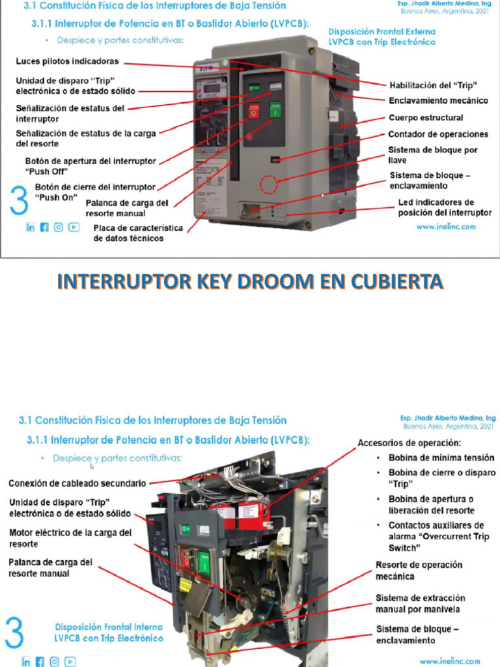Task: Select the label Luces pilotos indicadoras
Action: (x=67, y=62)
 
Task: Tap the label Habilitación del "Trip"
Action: (x=433, y=85)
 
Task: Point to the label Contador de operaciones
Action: (x=438, y=134)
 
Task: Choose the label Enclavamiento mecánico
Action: (x=437, y=101)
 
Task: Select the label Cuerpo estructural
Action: (x=426, y=118)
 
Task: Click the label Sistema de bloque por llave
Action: (x=433, y=154)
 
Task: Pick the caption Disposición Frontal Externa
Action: (x=382, y=31)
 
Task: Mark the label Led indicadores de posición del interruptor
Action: (x=445, y=207)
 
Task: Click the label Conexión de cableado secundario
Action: (x=77, y=483)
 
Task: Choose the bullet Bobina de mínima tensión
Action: (x=441, y=458)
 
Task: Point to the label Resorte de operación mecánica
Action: (x=419, y=571)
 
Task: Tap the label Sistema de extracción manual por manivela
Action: (x=420, y=603)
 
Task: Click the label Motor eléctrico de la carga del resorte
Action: (x=70, y=538)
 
